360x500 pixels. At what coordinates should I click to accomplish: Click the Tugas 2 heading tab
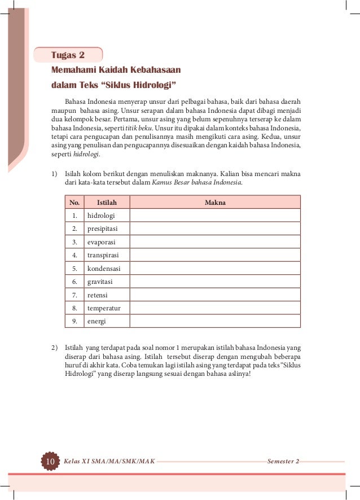[x=68, y=55]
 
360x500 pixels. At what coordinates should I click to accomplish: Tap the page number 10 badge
[x=50, y=461]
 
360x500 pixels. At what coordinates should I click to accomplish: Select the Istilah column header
[x=107, y=203]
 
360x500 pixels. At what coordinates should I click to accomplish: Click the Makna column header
[x=215, y=203]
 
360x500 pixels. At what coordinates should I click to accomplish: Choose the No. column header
[x=74, y=203]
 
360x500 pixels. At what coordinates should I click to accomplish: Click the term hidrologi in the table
[x=102, y=216]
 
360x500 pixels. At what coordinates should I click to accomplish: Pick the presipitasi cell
[x=102, y=229]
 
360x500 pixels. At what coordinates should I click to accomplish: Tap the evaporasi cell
[x=102, y=242]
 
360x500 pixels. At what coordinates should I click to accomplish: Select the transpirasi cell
[x=103, y=255]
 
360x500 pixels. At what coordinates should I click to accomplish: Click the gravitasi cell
[x=100, y=282]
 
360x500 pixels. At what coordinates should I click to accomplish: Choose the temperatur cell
[x=104, y=308]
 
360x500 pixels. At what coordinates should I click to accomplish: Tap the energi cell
[x=96, y=322]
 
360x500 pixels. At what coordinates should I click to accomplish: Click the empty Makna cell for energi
[x=215, y=322]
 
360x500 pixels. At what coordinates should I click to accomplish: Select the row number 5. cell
[x=74, y=269]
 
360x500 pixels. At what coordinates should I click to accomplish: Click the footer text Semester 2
[x=283, y=462]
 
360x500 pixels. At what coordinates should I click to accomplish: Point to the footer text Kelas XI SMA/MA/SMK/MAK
[x=109, y=462]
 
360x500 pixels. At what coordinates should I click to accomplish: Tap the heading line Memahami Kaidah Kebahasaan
[x=116, y=71]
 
